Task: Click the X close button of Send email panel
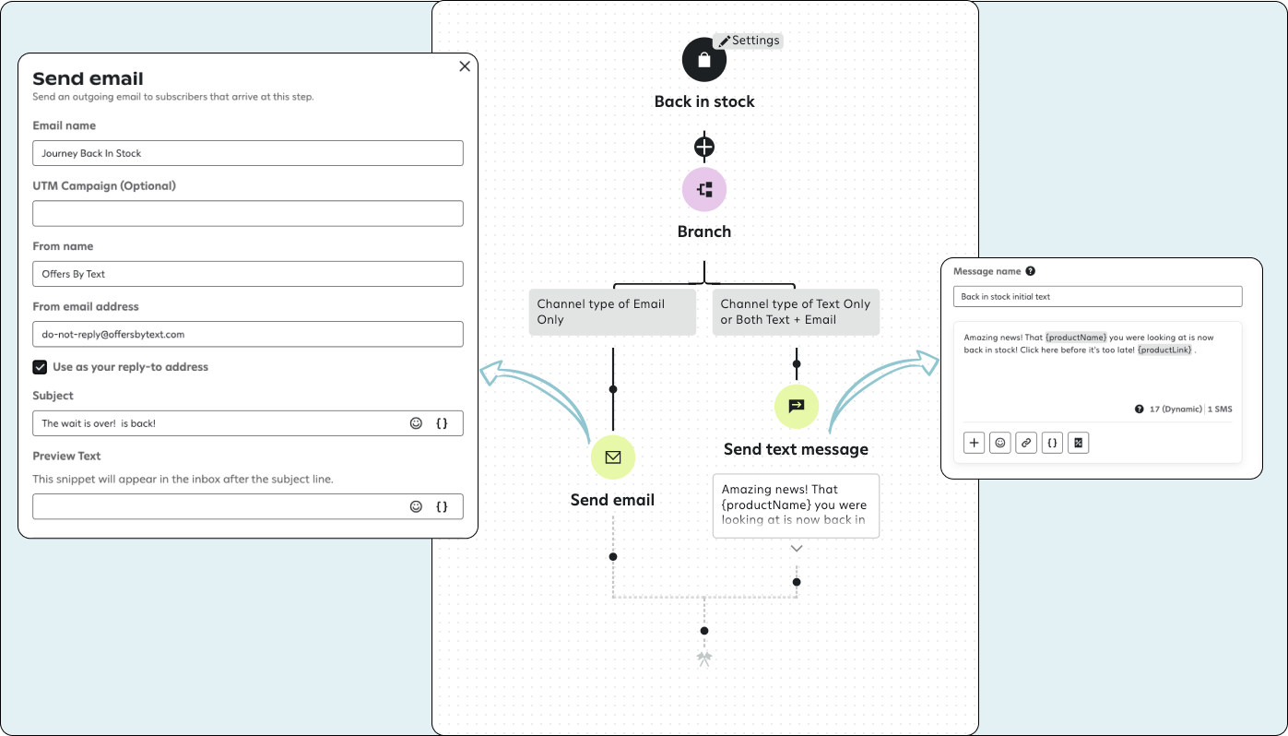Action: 465,66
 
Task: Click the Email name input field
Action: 247,153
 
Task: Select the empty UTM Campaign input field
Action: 247,214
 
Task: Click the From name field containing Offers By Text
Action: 247,274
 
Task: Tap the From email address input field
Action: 247,334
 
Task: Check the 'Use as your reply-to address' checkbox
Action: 40,367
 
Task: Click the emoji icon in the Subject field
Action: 416,423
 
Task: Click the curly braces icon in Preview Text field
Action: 442,506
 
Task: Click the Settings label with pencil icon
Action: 749,41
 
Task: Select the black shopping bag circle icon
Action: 704,60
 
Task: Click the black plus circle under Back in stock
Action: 704,147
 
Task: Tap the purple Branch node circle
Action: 704,190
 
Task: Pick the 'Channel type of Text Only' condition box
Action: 796,312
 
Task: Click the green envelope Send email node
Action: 613,457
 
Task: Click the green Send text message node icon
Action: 797,406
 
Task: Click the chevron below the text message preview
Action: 797,549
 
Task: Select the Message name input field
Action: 1097,297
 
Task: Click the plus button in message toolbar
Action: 975,443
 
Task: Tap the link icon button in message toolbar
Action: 1026,443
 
